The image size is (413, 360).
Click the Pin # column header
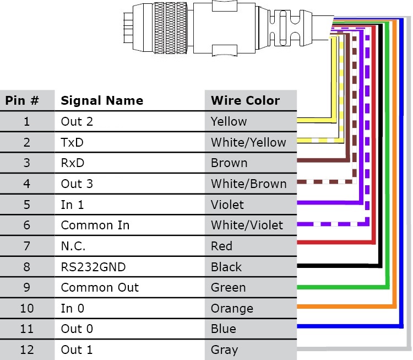click(22, 101)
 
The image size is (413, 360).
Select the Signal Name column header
click(101, 101)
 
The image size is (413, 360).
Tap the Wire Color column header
click(245, 101)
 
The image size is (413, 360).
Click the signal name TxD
click(72, 142)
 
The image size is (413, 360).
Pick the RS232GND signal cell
click(93, 267)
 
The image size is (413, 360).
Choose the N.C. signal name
click(73, 246)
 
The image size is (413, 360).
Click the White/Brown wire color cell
click(248, 184)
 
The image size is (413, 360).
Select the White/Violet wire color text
click(247, 225)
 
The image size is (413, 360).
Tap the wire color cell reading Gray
click(224, 350)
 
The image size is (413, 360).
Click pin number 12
click(26, 350)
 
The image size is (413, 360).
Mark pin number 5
click(26, 205)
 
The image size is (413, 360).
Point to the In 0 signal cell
click(72, 309)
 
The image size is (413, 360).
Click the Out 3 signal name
click(77, 184)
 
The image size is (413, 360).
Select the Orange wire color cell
click(232, 309)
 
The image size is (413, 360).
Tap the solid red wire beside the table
click(330, 243)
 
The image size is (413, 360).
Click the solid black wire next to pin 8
click(336, 265)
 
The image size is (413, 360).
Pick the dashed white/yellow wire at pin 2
click(317, 140)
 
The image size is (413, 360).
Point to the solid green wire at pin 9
click(341, 287)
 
